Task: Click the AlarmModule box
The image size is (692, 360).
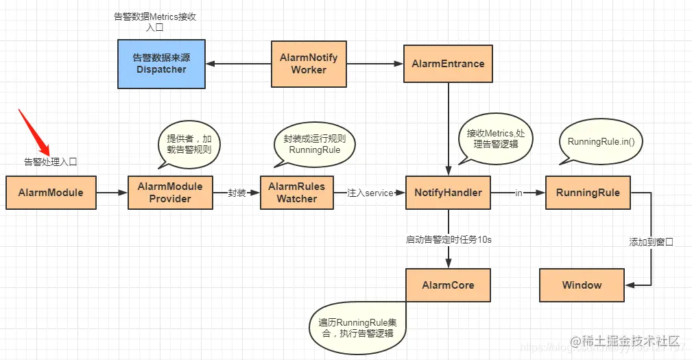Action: tap(51, 193)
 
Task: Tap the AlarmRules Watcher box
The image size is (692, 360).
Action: tap(296, 193)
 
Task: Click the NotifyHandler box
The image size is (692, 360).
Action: tap(448, 193)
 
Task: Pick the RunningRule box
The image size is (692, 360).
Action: tap(588, 193)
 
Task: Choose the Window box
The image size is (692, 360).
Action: tap(582, 285)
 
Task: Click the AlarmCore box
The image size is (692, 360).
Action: tap(448, 285)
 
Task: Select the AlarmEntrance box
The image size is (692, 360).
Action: tap(448, 64)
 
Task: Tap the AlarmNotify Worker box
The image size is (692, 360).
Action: tap(309, 64)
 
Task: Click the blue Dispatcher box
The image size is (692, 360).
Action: tap(161, 64)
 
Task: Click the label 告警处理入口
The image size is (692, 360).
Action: tap(51, 163)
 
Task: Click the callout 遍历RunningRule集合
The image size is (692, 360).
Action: tap(357, 327)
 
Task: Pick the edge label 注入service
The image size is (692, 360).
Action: tap(370, 193)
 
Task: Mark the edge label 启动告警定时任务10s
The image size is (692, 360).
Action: tap(449, 239)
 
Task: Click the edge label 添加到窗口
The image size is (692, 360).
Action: tap(651, 242)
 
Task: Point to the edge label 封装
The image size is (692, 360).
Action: tap(237, 193)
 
